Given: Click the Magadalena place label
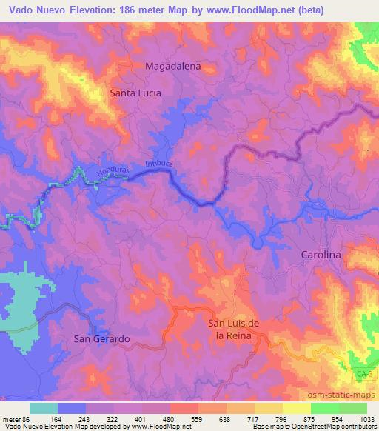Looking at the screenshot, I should coord(173,65).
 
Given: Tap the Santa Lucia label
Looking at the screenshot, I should coord(135,93).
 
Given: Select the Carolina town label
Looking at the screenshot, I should coord(321,254).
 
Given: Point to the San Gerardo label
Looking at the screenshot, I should coord(102,338).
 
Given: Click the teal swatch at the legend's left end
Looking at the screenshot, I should coord(44,407).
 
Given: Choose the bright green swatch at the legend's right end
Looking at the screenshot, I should coord(352,407).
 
